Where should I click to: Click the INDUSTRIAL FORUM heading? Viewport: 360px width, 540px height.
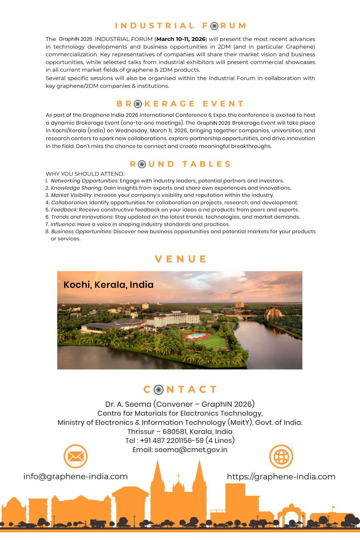pyautogui.click(x=180, y=26)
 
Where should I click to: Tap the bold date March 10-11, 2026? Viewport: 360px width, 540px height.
pyautogui.click(x=181, y=39)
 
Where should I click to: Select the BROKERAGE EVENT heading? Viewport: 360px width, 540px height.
pyautogui.click(x=180, y=104)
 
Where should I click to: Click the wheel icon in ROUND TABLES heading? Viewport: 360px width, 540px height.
pyautogui.click(x=142, y=164)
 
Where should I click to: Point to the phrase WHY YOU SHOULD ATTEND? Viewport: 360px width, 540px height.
pyautogui.click(x=85, y=174)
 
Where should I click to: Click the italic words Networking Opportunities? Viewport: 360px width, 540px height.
pyautogui.click(x=85, y=181)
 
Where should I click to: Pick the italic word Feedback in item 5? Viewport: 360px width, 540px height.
pyautogui.click(x=64, y=210)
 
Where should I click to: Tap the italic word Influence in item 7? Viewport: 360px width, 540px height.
pyautogui.click(x=63, y=224)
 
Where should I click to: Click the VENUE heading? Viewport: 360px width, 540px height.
pyautogui.click(x=180, y=259)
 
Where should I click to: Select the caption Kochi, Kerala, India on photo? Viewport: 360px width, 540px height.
pyautogui.click(x=108, y=285)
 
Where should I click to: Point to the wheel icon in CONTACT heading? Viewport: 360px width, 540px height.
pyautogui.click(x=159, y=389)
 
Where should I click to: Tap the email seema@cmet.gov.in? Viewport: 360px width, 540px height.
pyautogui.click(x=191, y=450)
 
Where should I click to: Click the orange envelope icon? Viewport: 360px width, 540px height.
pyautogui.click(x=75, y=456)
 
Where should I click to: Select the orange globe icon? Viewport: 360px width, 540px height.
pyautogui.click(x=281, y=456)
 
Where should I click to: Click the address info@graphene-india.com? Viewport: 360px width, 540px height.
pyautogui.click(x=75, y=477)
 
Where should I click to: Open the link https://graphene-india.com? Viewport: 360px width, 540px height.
pyautogui.click(x=281, y=477)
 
